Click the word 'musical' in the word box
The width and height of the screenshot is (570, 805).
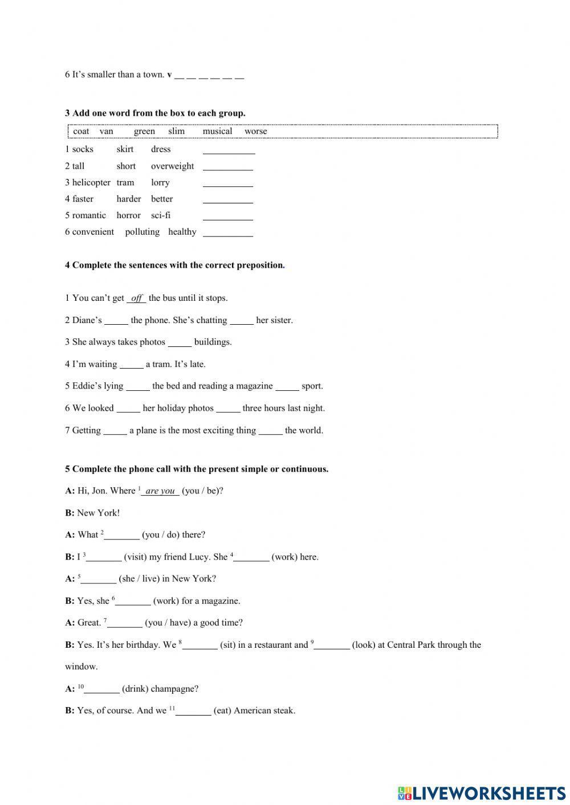pos(217,131)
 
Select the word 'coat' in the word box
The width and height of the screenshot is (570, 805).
pos(81,131)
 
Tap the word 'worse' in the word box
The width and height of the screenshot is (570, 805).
pos(255,131)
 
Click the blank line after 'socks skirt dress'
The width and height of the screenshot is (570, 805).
pos(229,150)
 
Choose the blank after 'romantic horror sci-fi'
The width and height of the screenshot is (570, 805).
pos(227,216)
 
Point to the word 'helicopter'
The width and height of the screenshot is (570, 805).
pos(91,182)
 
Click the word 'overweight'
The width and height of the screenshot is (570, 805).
pos(172,166)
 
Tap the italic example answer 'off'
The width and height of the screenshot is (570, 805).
pos(136,298)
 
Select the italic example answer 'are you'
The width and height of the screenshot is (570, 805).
pos(160,491)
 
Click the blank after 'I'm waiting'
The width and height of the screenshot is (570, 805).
pos(132,365)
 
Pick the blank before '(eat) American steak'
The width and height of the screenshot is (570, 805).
pos(193,711)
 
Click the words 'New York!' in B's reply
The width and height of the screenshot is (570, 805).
pos(98,513)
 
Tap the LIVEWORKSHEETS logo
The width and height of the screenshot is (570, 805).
pos(481,792)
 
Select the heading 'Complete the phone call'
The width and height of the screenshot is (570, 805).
pos(197,469)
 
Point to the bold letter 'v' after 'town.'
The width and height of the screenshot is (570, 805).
pos(169,75)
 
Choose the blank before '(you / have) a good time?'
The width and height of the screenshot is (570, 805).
pos(125,623)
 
